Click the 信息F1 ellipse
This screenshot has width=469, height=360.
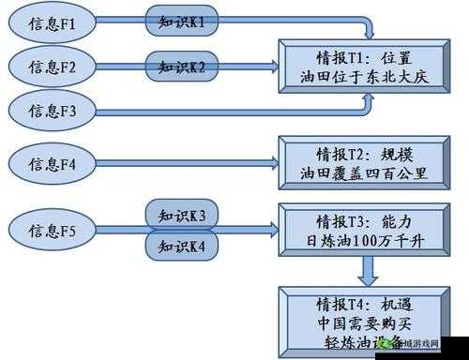point(50,22)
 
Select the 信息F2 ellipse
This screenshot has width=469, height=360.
point(50,67)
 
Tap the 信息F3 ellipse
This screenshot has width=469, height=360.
point(50,111)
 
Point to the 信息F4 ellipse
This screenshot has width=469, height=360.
point(50,163)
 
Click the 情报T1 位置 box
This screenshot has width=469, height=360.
point(359,67)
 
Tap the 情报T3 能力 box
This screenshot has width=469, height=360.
point(359,230)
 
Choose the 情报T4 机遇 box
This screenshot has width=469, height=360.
point(359,322)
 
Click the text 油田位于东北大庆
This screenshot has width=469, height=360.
point(359,78)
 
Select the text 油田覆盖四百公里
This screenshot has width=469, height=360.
point(359,173)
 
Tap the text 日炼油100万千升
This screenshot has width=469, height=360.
point(359,241)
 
